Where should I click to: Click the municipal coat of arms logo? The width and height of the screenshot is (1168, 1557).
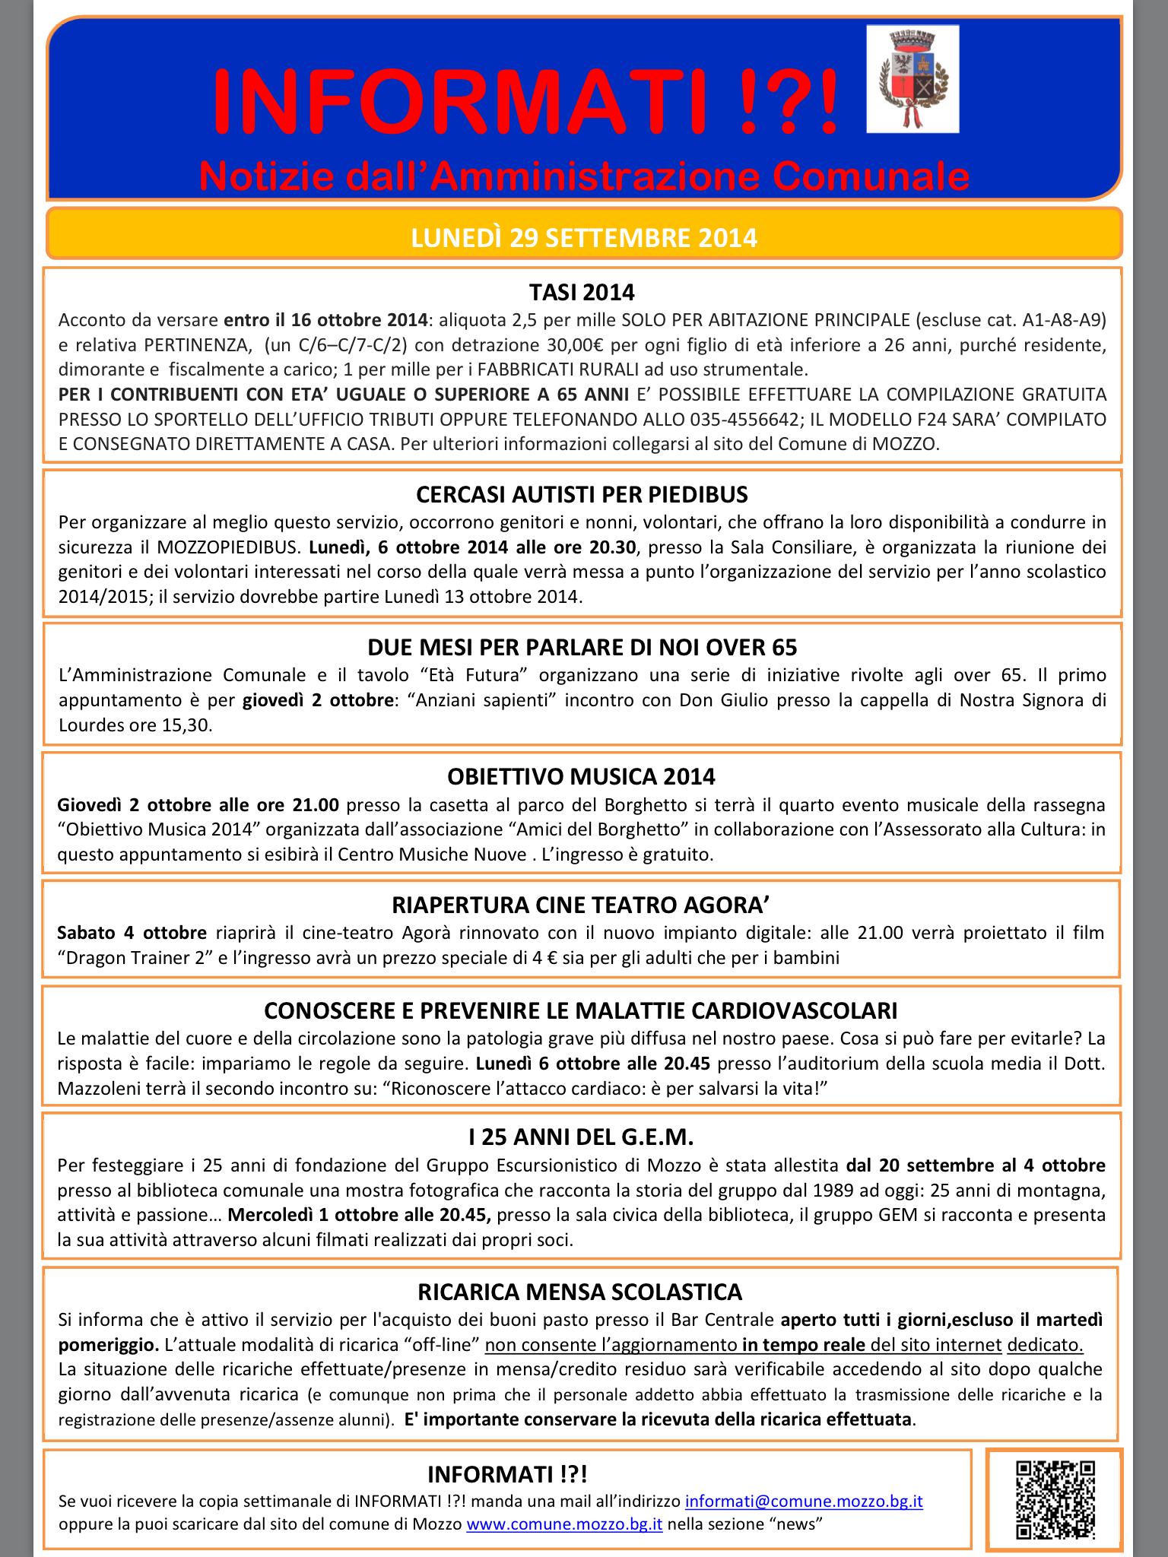tap(912, 79)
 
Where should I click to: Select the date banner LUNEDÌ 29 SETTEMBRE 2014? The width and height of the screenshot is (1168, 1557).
tap(584, 238)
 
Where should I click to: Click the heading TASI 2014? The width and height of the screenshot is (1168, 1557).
tap(582, 292)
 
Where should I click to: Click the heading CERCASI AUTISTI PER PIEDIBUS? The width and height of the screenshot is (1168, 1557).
tap(582, 495)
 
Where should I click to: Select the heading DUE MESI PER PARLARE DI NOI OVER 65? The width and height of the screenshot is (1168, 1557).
tap(582, 647)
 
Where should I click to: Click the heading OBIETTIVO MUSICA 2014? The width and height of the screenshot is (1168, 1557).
tap(582, 776)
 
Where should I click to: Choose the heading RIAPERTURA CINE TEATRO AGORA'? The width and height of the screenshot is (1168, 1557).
tap(582, 905)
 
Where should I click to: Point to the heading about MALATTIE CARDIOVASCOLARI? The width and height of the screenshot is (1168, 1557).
tap(582, 1010)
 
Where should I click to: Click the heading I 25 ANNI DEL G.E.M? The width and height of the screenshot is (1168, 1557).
tap(582, 1137)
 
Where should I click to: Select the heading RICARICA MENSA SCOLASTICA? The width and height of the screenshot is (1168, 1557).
tap(580, 1292)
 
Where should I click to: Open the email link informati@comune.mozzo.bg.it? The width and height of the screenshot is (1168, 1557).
tap(804, 1502)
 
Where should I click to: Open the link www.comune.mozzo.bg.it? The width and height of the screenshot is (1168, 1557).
tap(564, 1524)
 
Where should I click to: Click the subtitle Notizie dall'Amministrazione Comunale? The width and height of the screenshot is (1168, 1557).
tap(584, 176)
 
